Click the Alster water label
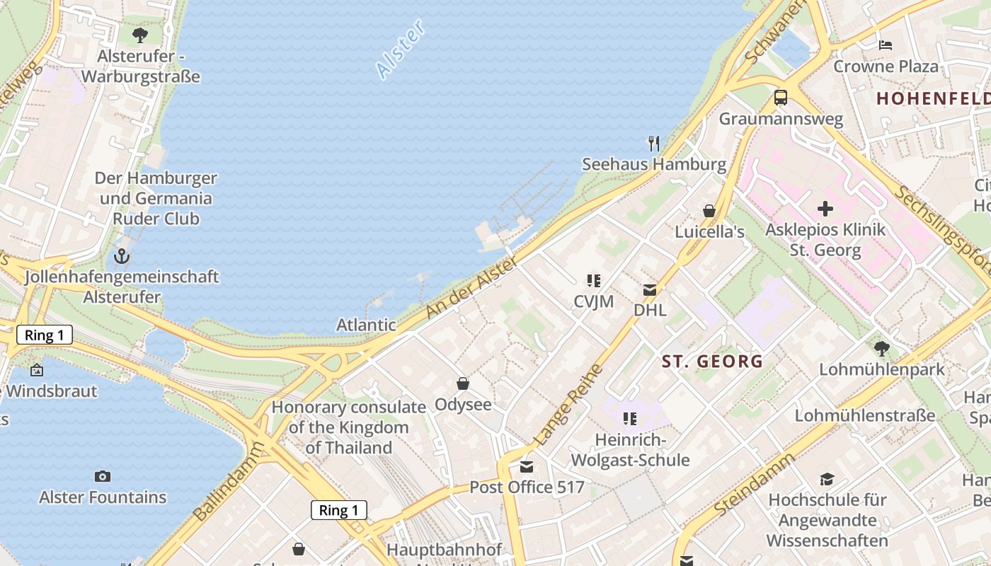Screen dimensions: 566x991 tap(401, 49)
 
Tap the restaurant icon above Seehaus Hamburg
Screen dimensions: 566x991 tap(654, 144)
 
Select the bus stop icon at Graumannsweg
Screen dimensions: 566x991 tap(781, 98)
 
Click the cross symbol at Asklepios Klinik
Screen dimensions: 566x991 tap(825, 209)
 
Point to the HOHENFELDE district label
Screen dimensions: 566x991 tap(933, 98)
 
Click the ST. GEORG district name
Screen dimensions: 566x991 tap(712, 362)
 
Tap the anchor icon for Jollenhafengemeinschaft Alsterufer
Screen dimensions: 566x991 tap(122, 255)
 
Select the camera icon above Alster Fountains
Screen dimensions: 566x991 tap(103, 476)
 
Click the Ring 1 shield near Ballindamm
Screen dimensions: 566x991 tap(338, 510)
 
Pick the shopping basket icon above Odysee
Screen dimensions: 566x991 tap(463, 383)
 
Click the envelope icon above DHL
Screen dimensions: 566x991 tap(650, 289)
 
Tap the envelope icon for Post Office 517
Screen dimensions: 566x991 tap(527, 466)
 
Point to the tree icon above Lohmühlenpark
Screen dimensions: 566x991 tap(882, 348)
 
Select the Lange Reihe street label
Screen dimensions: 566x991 tap(569, 405)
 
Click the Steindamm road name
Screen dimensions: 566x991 tap(755, 485)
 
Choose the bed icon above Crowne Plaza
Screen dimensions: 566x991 tap(886, 45)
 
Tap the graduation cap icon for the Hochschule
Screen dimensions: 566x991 tap(827, 479)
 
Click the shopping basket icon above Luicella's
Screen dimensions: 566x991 tap(709, 211)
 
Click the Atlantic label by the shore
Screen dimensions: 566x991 tap(366, 325)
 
